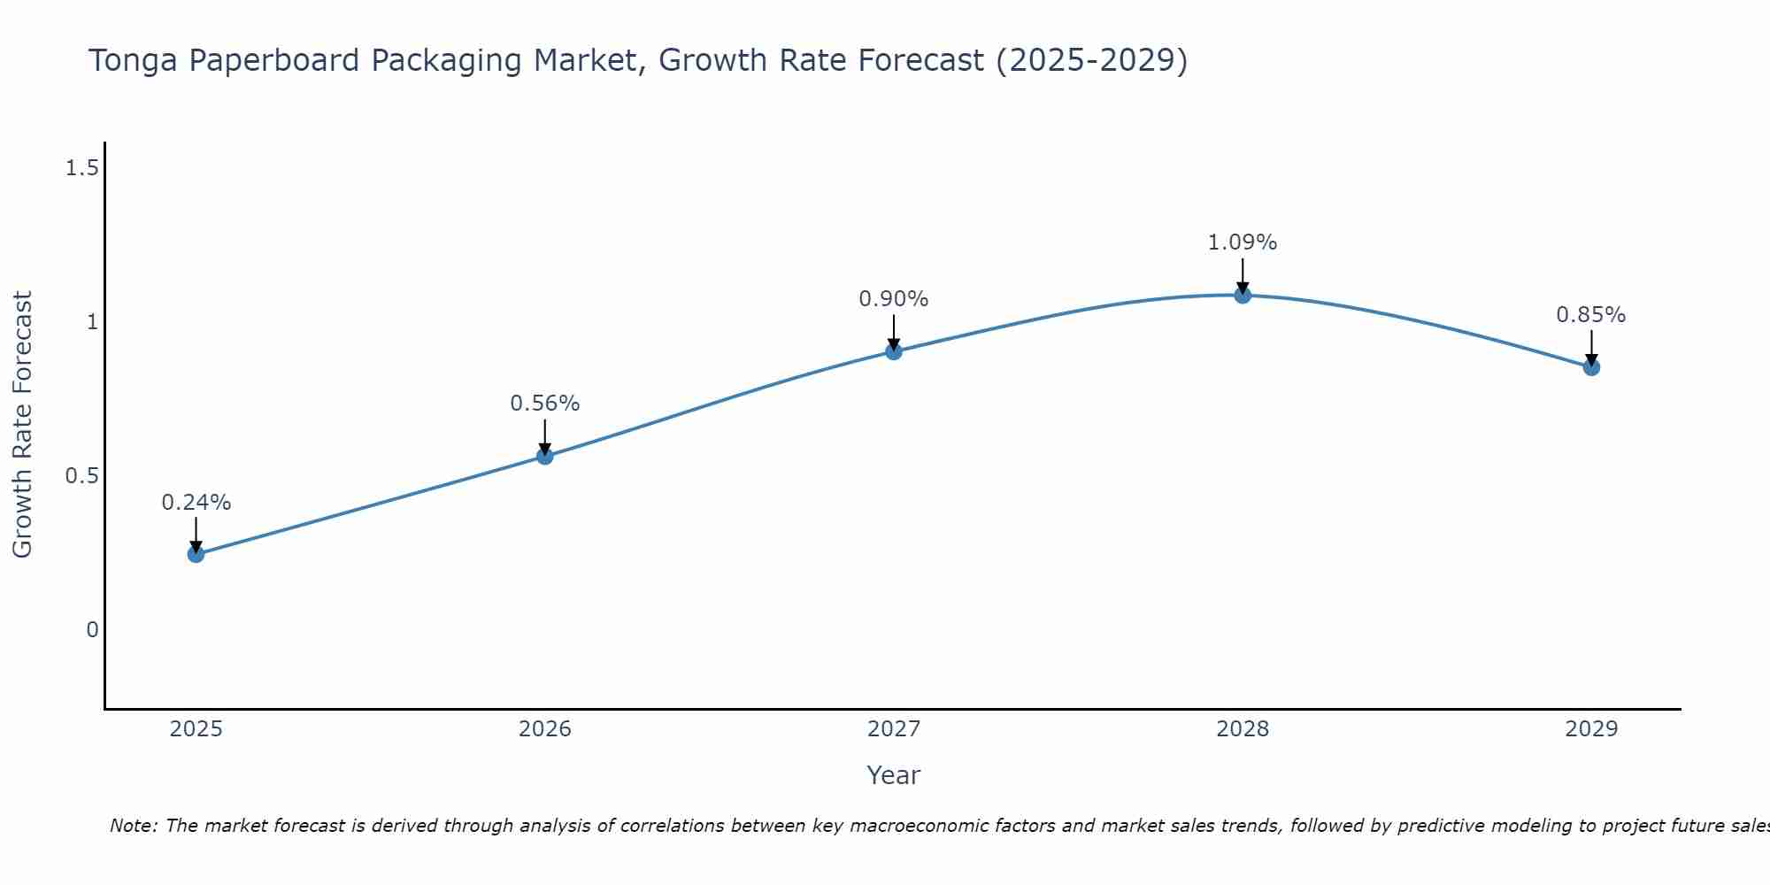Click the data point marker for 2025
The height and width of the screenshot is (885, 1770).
point(196,554)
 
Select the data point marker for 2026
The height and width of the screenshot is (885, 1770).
point(545,456)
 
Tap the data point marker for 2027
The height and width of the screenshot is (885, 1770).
point(894,351)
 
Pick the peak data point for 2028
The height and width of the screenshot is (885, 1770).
point(1243,295)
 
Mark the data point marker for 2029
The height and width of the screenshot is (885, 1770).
point(1591,367)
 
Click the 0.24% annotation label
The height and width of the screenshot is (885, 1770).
point(196,503)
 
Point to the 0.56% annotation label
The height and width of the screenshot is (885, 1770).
point(545,404)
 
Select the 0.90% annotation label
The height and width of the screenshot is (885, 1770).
point(894,299)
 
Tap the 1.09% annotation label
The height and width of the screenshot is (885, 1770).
point(1243,242)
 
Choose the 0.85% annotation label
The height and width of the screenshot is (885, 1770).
point(1591,315)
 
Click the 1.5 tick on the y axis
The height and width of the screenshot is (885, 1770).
point(81,167)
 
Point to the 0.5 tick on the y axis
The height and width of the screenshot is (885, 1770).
point(81,476)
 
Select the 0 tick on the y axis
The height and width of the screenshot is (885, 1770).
point(92,630)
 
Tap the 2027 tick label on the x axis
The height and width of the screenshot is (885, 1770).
point(894,729)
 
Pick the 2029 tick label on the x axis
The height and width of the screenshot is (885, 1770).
point(1591,729)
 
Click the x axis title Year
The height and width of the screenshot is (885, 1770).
point(894,775)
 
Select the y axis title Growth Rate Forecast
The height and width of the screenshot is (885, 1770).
point(22,425)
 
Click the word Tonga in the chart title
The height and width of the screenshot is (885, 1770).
point(134,61)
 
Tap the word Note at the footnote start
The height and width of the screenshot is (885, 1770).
point(132,826)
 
